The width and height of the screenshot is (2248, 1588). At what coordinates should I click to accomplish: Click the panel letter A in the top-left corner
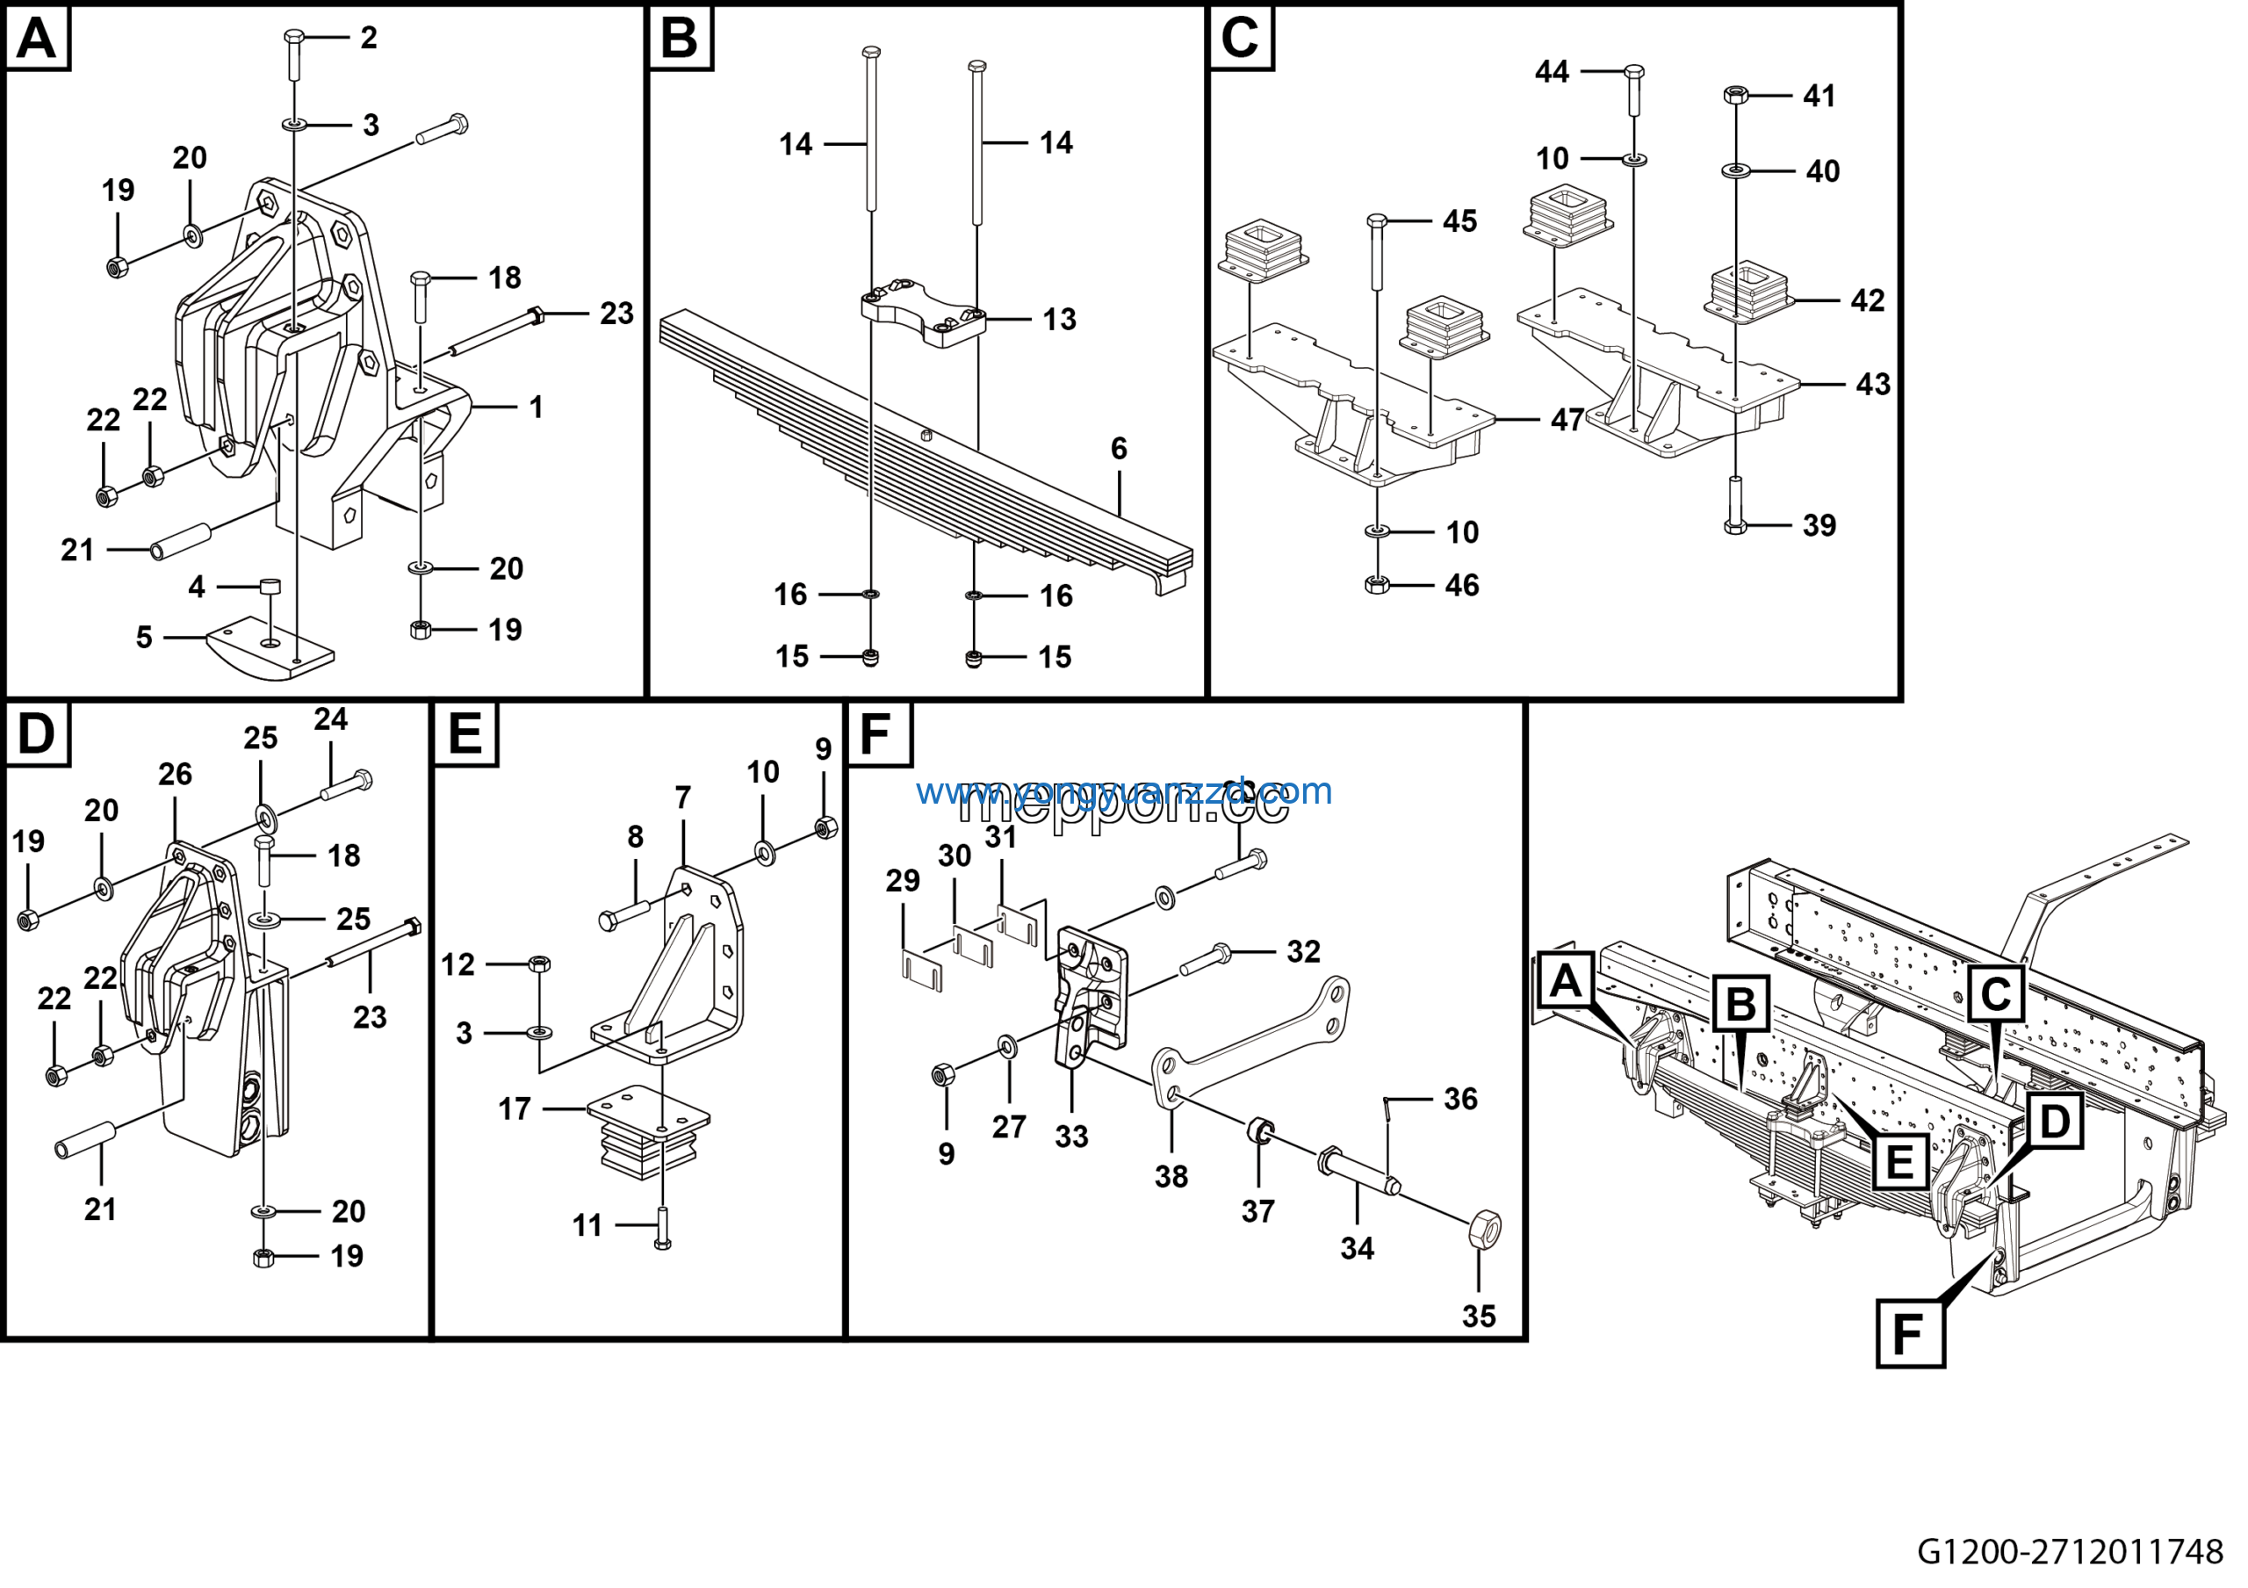point(37,40)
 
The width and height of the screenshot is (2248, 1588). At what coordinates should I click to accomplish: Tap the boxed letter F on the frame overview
point(1908,1334)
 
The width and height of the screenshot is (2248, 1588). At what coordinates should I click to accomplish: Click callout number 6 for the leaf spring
point(1118,449)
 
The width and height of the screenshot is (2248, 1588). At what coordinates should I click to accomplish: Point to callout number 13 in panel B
point(1059,319)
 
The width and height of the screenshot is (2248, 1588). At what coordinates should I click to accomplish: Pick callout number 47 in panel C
point(1567,420)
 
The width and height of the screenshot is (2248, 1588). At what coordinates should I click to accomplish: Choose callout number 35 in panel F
point(1479,1317)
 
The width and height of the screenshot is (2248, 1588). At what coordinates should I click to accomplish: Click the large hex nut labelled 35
point(1484,1230)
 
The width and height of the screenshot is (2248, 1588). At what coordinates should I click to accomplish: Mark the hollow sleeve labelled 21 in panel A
point(181,541)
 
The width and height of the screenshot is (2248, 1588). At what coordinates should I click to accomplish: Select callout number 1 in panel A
point(536,408)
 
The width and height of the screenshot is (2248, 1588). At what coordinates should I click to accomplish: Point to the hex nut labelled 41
point(1735,95)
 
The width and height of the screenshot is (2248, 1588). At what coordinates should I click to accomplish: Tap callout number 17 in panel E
point(514,1109)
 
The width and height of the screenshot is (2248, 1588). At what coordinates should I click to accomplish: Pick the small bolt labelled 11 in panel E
point(662,1229)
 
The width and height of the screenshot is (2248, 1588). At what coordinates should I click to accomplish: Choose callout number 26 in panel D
point(176,775)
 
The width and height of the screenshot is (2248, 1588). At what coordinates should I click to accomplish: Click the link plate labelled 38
point(1243,1047)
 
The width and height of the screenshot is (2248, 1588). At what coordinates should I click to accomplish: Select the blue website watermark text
point(1123,791)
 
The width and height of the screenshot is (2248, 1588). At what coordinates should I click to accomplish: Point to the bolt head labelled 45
point(1377,221)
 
